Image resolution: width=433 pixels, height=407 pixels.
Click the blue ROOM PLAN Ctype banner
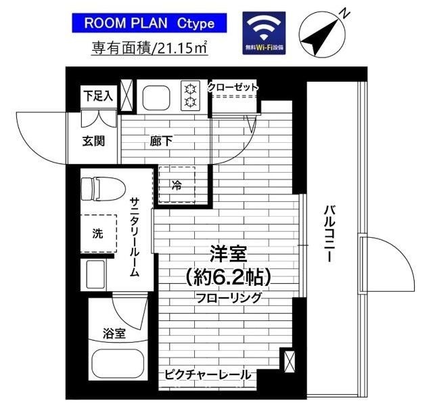(149, 24)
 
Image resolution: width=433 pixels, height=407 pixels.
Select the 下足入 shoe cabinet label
(99, 96)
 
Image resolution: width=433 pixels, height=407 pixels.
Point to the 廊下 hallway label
(160, 142)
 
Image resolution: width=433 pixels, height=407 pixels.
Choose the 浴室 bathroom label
(114, 333)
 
